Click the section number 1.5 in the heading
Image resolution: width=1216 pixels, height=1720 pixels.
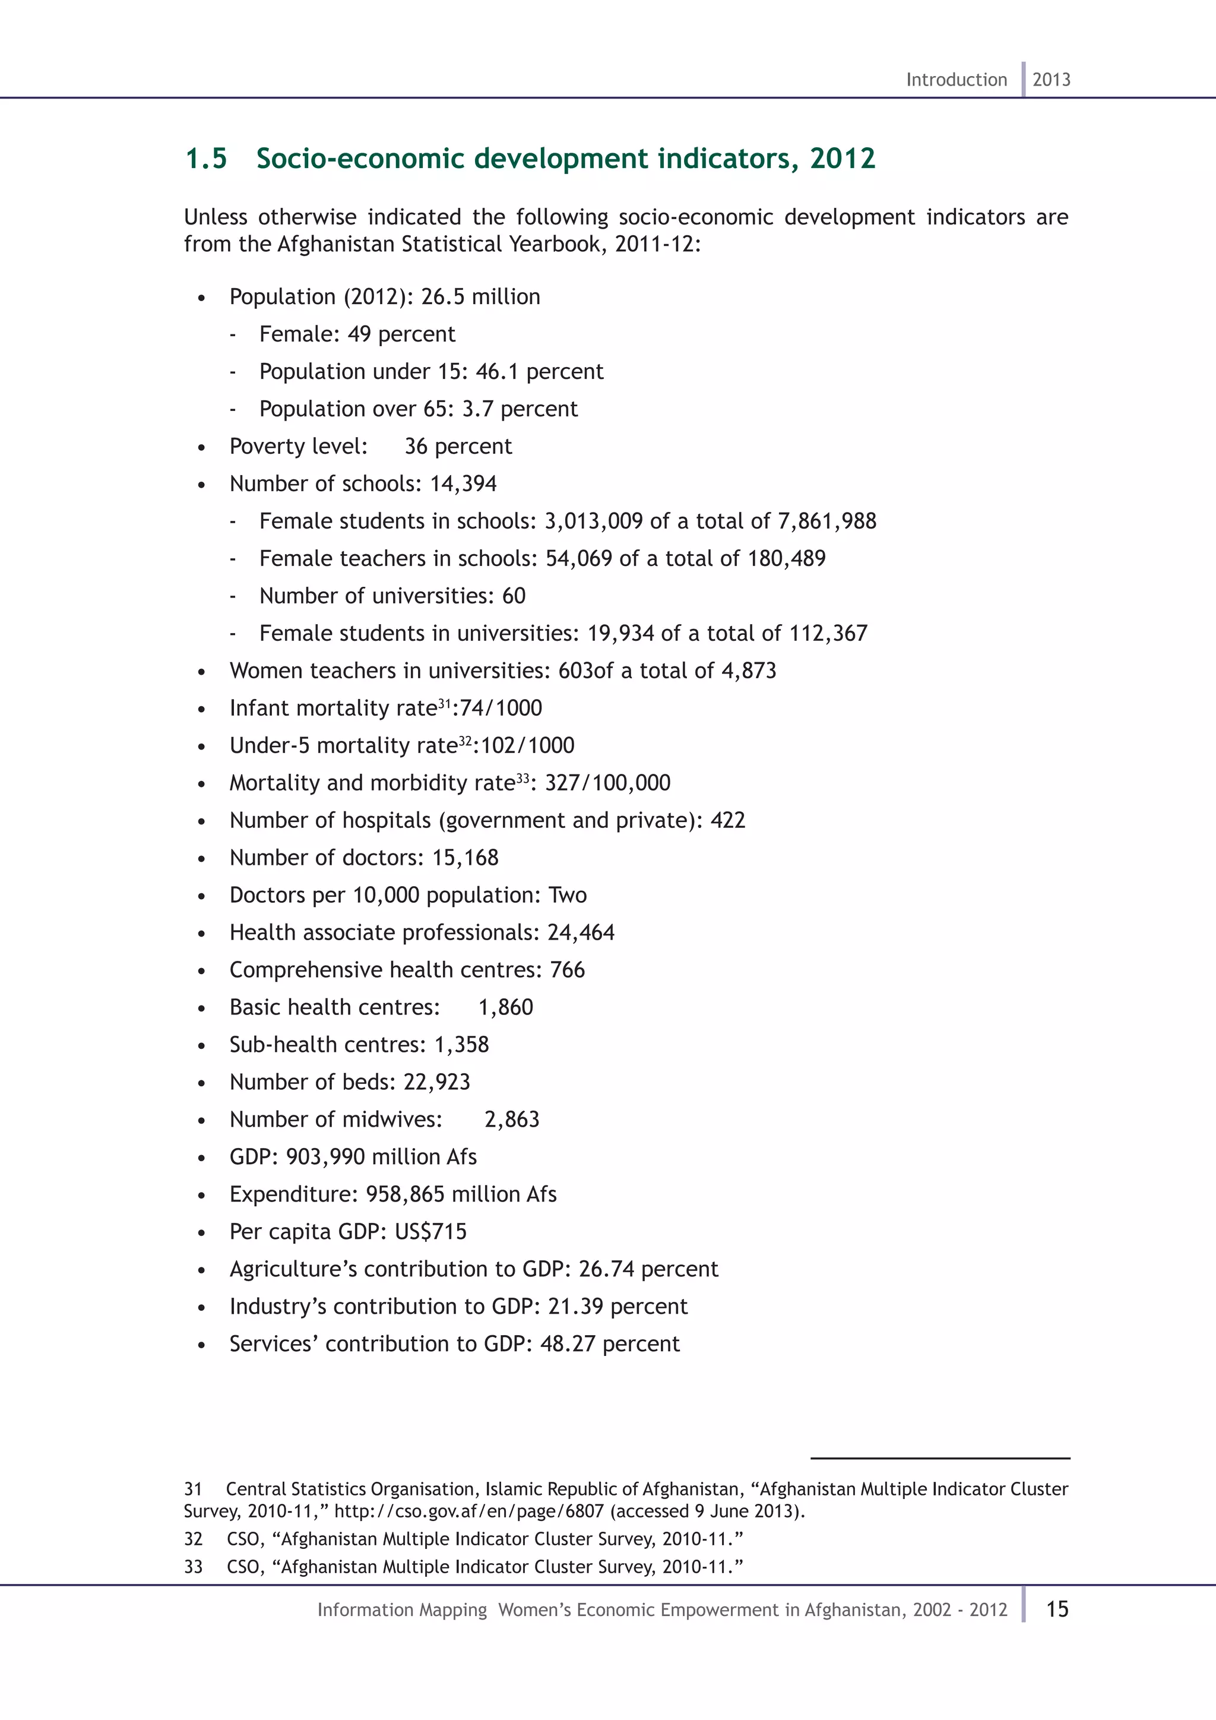206,159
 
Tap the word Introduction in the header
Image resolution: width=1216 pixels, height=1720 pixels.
956,80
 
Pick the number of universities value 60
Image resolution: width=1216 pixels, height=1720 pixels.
514,596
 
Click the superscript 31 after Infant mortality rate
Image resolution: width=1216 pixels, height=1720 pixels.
445,703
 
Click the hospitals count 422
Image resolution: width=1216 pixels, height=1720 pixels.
728,820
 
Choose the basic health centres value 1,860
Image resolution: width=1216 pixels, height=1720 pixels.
505,1007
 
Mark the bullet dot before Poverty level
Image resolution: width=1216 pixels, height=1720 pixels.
201,448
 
